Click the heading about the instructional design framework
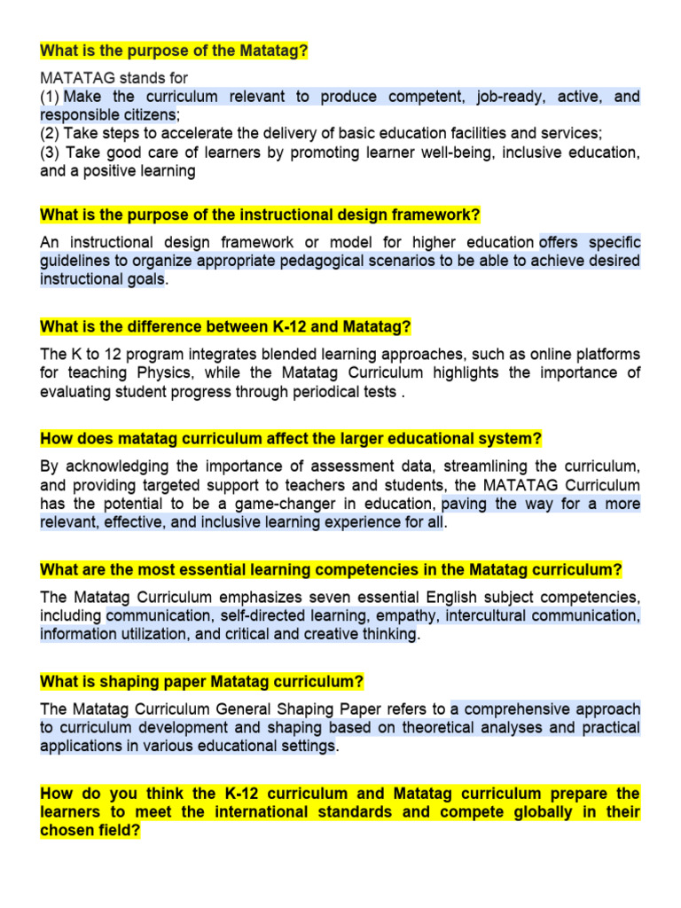(260, 215)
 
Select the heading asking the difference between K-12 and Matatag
(225, 327)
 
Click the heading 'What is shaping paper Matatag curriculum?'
(202, 682)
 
